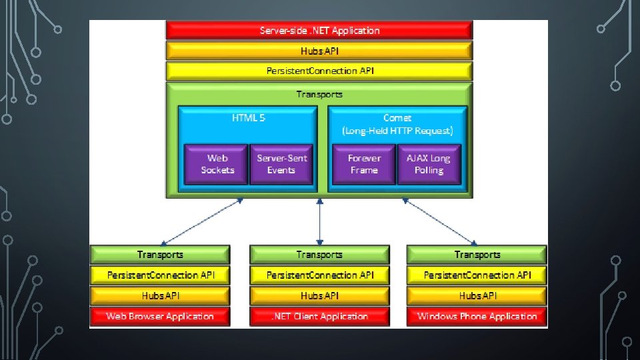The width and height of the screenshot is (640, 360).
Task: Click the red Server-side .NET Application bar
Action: click(319, 31)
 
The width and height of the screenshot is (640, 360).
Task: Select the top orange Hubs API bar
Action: click(319, 51)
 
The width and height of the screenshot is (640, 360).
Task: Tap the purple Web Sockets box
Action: click(217, 164)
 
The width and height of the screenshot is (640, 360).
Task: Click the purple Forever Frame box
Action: click(364, 164)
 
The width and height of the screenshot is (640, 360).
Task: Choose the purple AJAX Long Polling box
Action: click(429, 164)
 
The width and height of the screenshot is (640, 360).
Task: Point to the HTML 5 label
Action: click(248, 118)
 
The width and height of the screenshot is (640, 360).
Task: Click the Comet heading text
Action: click(397, 118)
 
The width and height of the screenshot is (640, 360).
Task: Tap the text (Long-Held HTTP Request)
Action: click(397, 131)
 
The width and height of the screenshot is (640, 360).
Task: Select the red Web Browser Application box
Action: click(160, 316)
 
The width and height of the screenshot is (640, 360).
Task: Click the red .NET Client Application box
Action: click(319, 316)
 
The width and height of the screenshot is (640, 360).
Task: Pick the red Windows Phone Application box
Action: click(477, 316)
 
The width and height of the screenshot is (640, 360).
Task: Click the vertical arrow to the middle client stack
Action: click(320, 221)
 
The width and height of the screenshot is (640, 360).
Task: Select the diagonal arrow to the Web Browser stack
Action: click(201, 221)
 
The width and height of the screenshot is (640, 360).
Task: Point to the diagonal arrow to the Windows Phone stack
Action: click(439, 221)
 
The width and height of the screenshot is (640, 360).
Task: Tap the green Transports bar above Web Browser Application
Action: click(160, 255)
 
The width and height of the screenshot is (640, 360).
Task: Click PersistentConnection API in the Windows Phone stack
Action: click(477, 275)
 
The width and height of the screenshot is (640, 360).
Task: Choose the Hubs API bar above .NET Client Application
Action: click(319, 295)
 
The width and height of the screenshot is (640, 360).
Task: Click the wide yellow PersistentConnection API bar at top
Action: click(319, 71)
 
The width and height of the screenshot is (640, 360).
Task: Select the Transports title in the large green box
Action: click(319, 94)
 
